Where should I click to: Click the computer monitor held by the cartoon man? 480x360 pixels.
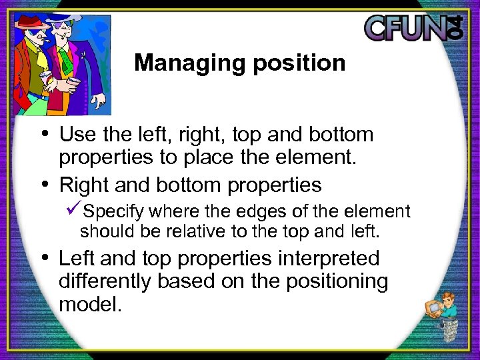click(433, 307)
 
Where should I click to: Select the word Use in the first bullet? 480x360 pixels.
click(75, 135)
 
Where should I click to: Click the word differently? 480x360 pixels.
click(105, 281)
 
